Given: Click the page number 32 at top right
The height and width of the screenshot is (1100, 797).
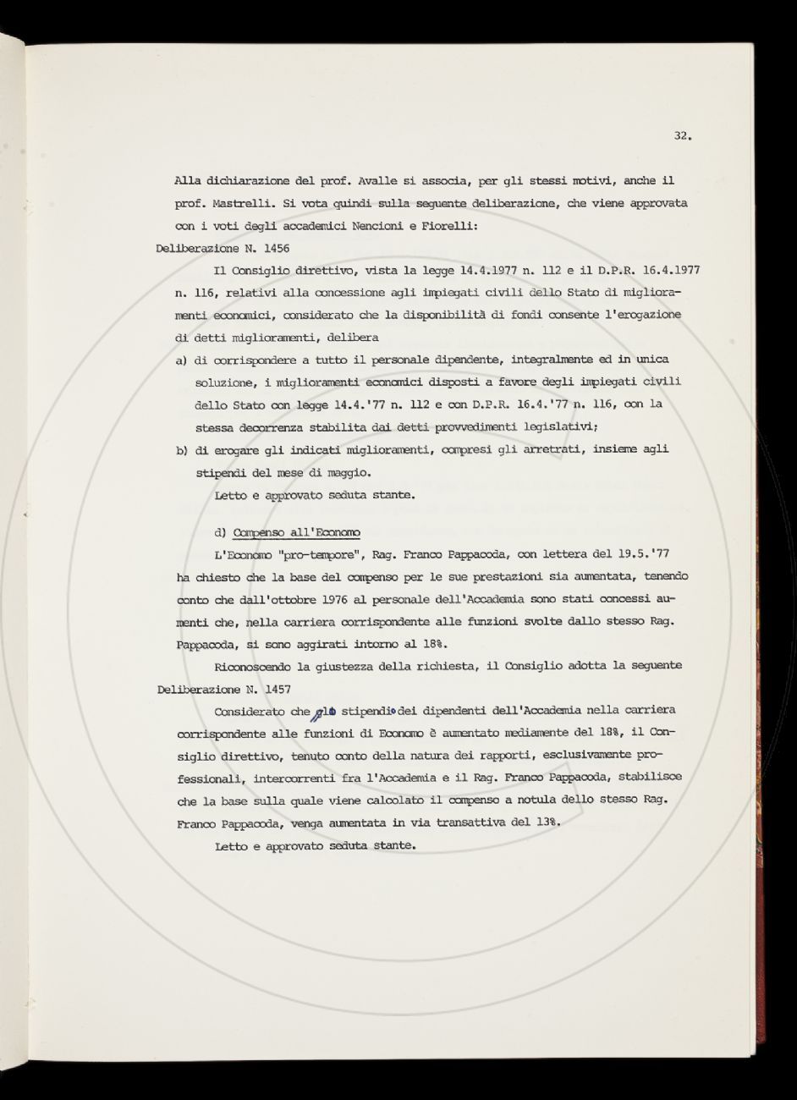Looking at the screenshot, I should (683, 135).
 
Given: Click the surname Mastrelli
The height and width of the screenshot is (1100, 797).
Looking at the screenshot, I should (234, 203).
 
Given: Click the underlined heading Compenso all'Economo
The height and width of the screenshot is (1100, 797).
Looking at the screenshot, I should (296, 532).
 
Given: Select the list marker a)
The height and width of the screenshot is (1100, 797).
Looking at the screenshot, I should (181, 360).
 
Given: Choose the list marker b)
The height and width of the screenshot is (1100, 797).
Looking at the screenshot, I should (181, 449).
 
